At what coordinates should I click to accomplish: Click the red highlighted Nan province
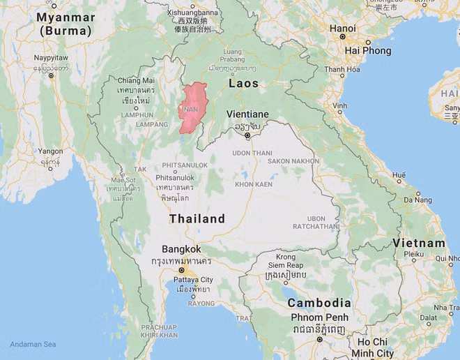click(192, 108)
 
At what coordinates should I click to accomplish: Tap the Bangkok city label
click(181, 249)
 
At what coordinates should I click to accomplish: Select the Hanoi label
click(342, 29)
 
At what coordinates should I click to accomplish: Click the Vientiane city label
click(247, 114)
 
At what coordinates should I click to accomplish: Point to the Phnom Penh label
click(317, 318)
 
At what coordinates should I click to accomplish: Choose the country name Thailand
click(197, 218)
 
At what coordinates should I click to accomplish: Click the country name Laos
click(243, 84)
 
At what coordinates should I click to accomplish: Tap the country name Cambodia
click(319, 303)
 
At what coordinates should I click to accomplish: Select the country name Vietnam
click(418, 243)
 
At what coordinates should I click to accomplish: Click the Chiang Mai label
click(135, 81)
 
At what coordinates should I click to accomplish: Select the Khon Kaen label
click(252, 184)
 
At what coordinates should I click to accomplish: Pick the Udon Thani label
click(252, 153)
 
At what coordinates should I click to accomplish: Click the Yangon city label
click(50, 151)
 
